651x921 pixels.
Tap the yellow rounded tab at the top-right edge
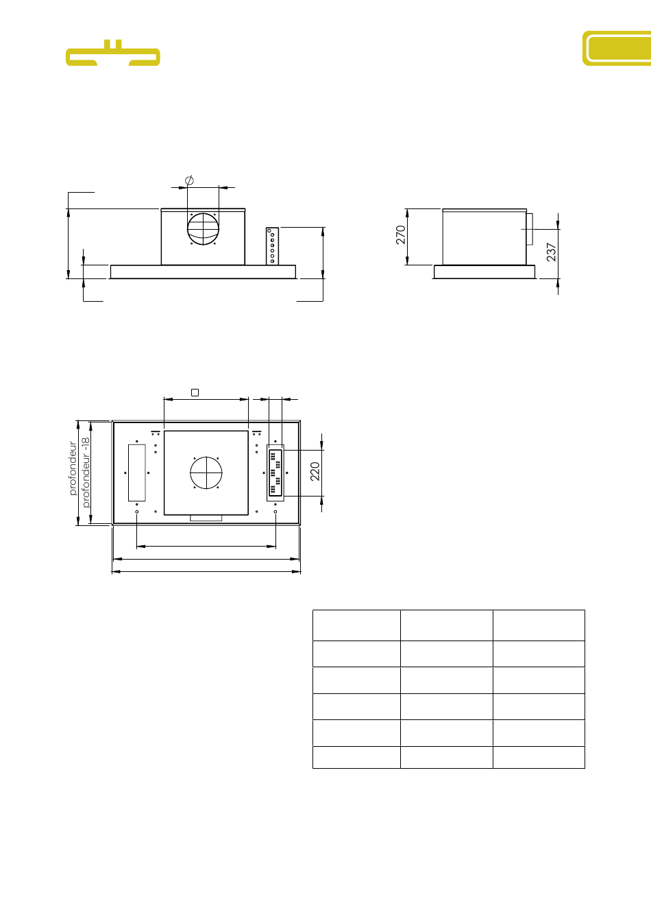tap(617, 48)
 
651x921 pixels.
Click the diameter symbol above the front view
tap(189, 180)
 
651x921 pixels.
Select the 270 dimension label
tap(401, 235)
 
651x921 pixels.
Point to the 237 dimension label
tap(551, 252)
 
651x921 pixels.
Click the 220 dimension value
tap(315, 471)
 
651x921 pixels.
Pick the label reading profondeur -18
tap(86, 473)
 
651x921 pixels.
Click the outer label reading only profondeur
tap(73, 468)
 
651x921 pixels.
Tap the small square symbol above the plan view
tap(195, 393)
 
